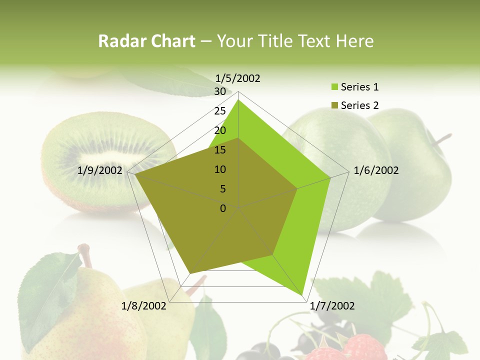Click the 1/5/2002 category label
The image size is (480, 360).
coord(237,78)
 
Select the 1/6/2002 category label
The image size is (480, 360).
coord(376,170)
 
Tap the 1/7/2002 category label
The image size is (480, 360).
coord(332,306)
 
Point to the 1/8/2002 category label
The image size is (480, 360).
coord(144,306)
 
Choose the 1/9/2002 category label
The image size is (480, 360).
coord(100,170)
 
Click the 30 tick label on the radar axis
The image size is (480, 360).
coord(220,91)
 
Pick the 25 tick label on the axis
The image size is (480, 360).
coord(220,111)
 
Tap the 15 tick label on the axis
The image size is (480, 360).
coord(220,150)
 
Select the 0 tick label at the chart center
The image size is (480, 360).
coord(223,208)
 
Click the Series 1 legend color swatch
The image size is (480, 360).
coord(335,87)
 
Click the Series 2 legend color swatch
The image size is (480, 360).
coord(335,105)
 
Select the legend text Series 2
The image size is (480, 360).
coord(359,105)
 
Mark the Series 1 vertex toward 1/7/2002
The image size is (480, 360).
coord(302,294)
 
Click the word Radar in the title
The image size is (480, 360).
coord(118,41)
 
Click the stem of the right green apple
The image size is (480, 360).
coord(442,139)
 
